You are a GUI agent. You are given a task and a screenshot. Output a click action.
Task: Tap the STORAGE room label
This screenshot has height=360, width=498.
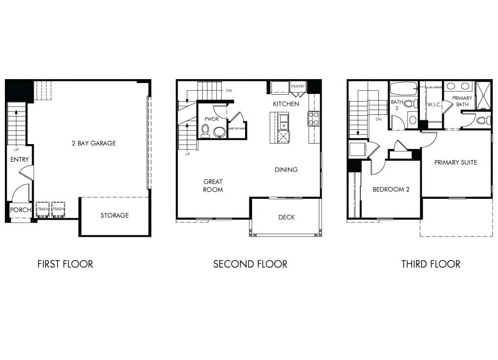click(115, 215)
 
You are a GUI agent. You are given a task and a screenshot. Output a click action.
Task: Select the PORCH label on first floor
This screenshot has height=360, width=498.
click(21, 210)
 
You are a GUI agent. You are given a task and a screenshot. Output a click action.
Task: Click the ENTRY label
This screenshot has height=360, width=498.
click(20, 160)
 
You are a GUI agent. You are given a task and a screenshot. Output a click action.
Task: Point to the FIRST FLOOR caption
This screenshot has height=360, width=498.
click(65, 264)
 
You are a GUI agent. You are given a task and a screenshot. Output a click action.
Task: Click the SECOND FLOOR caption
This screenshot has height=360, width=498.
click(250, 264)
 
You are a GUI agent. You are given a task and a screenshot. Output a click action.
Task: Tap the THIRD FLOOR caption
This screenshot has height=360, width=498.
click(431, 264)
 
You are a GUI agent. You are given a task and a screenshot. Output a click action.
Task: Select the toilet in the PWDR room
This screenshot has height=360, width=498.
click(206, 131)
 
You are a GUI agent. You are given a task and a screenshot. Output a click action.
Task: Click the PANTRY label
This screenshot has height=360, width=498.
click(298, 87)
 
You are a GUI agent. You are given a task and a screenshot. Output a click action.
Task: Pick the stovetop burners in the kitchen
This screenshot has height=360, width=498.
click(313, 119)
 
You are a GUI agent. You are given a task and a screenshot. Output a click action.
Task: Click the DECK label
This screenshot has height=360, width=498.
click(286, 217)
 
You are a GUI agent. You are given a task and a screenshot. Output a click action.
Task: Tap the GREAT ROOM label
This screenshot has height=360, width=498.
click(213, 186)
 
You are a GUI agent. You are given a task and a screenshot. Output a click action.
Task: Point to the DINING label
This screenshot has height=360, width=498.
click(286, 170)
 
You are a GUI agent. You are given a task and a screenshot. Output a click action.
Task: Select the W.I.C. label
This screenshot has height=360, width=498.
click(434, 105)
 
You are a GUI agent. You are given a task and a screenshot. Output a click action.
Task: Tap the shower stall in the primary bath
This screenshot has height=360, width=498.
click(483, 95)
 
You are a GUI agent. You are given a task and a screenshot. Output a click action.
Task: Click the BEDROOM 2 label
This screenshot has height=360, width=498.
click(391, 190)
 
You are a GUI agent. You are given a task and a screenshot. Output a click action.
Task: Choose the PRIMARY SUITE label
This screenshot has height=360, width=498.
click(456, 163)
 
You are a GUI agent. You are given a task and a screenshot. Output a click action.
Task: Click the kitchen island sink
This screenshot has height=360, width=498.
click(283, 120)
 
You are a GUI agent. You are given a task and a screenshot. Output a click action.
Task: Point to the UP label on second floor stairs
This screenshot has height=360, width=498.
click(187, 154)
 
